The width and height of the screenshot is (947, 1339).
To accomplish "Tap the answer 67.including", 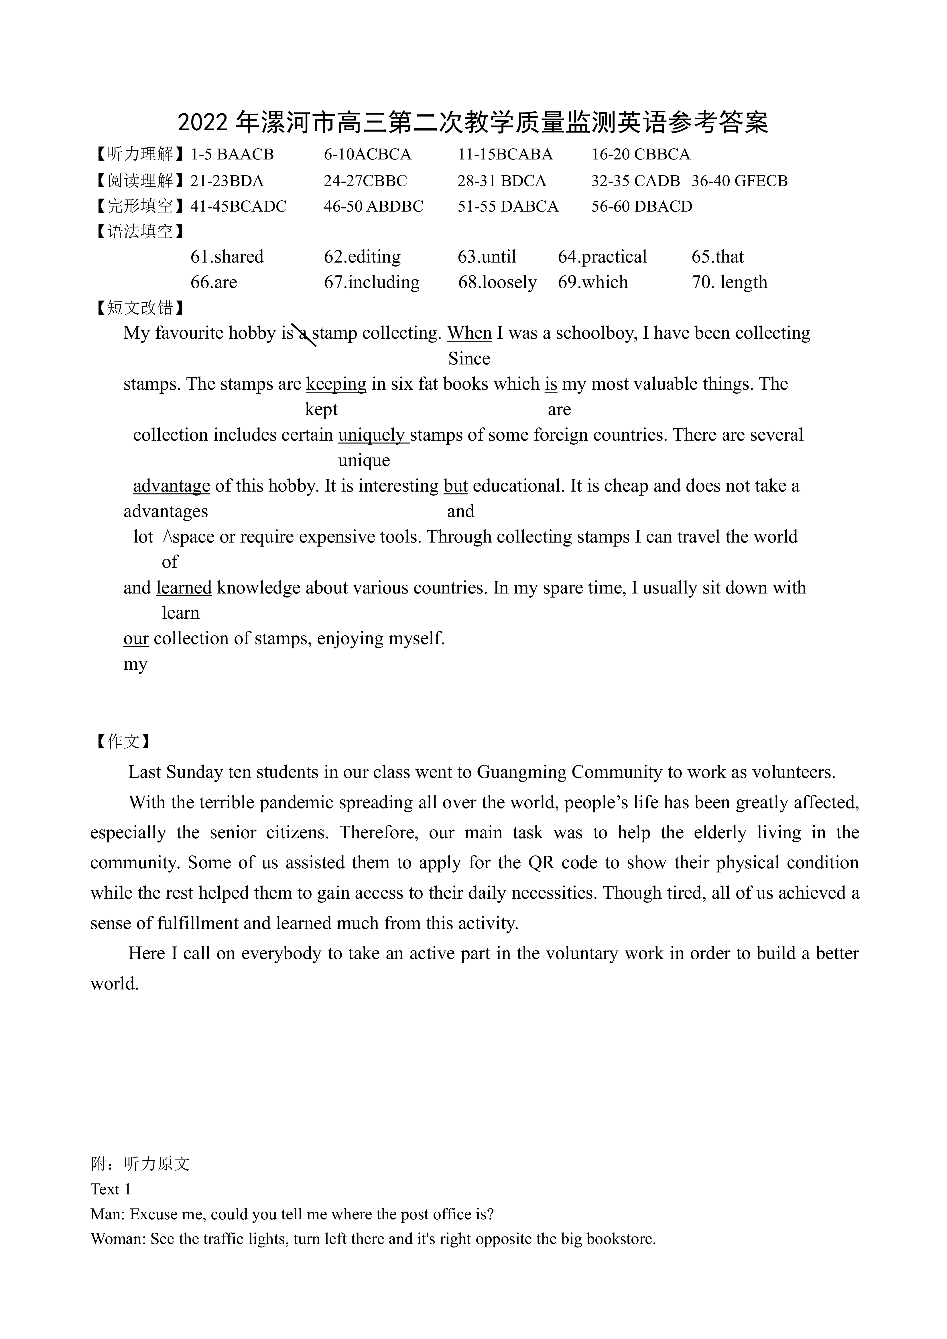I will tap(372, 282).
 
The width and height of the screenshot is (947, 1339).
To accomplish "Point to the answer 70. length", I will tap(729, 282).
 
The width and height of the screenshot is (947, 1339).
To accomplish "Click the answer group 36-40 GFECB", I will tap(739, 181).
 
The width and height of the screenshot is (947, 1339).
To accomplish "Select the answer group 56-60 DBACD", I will tap(642, 206).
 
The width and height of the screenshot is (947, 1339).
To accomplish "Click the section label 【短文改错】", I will tap(139, 307).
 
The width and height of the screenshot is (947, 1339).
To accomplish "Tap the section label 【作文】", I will tap(123, 742).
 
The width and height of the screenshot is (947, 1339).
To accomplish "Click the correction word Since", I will tap(469, 359).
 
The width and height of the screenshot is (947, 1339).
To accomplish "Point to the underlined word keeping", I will tap(336, 384).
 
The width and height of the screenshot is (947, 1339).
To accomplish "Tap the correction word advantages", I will tap(166, 511).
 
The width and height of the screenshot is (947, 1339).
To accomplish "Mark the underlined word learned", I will tap(184, 588).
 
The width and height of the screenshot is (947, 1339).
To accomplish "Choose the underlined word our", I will tap(136, 639).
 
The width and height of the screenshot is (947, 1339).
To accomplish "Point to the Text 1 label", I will tap(111, 1189).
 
